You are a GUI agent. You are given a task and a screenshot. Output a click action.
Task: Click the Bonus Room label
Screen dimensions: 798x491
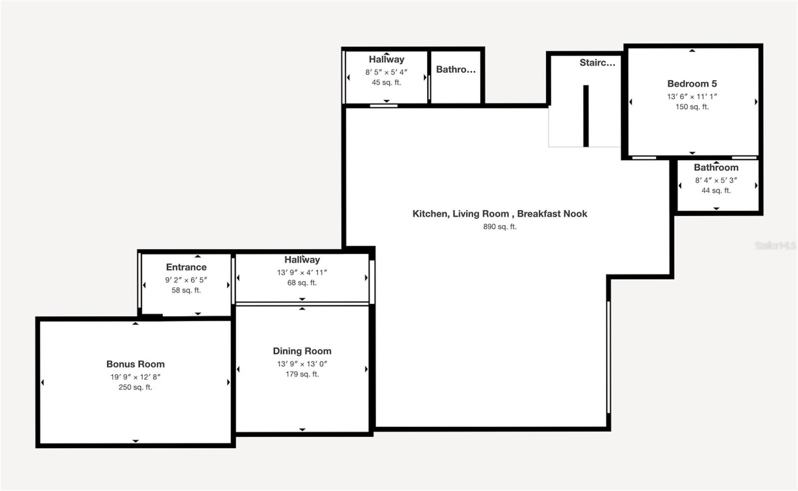click(x=135, y=364)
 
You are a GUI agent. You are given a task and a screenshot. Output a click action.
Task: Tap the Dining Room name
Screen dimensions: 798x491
click(x=302, y=351)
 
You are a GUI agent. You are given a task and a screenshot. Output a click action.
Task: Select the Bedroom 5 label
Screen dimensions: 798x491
click(x=692, y=84)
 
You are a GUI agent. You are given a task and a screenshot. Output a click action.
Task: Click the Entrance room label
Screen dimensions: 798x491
click(x=187, y=267)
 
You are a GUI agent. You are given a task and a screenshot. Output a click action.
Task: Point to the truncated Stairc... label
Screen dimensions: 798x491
click(x=598, y=63)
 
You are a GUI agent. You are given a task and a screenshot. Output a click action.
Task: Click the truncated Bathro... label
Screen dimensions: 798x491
click(x=456, y=69)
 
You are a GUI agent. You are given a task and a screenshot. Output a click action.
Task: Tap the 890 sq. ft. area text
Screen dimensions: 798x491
click(x=500, y=226)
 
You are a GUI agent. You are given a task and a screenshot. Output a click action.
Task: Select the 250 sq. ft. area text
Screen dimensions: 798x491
click(x=135, y=387)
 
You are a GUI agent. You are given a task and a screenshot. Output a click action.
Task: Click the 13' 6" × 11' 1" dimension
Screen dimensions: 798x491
click(x=692, y=97)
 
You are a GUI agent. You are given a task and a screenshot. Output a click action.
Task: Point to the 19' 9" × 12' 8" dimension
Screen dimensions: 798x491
click(x=135, y=377)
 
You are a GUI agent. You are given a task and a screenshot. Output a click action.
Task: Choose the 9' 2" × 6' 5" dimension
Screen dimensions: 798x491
click(x=186, y=280)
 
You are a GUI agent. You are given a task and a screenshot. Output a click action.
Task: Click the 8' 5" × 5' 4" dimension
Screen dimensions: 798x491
click(x=386, y=72)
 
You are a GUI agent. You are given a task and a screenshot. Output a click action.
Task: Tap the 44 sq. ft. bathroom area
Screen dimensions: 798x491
click(x=716, y=190)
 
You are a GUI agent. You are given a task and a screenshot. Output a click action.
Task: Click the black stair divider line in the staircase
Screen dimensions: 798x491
click(x=586, y=116)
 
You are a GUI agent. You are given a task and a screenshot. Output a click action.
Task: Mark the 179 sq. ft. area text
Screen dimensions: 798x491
click(x=302, y=374)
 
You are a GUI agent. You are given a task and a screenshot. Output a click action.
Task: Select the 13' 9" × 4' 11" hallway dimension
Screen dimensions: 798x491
click(x=302, y=272)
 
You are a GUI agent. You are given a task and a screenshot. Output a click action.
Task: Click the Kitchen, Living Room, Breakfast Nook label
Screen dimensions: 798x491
click(x=500, y=214)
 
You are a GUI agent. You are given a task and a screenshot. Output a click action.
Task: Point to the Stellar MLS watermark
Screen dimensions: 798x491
click(x=776, y=245)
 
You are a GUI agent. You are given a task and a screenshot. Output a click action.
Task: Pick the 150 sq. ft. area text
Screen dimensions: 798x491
click(x=692, y=107)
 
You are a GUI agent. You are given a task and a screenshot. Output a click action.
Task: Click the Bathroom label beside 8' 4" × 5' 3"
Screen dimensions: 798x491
click(x=716, y=167)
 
